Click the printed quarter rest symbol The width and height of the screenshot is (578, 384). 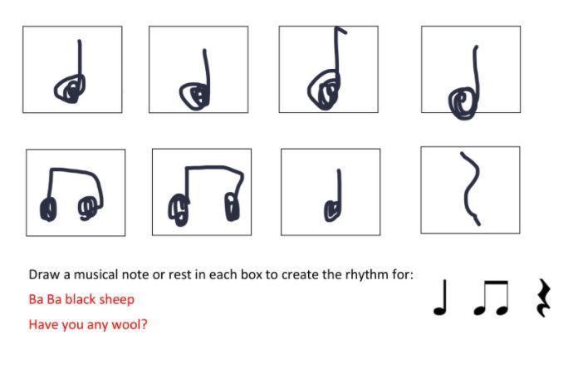(x=543, y=298)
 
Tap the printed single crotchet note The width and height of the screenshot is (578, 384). (x=441, y=298)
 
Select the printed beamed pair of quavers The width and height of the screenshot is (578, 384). (x=492, y=298)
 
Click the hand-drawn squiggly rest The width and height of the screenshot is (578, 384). (x=470, y=188)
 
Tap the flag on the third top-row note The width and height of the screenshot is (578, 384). (x=341, y=30)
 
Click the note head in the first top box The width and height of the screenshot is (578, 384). (x=70, y=89)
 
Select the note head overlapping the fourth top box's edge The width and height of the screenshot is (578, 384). (x=462, y=103)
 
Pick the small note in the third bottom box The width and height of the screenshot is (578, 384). (x=333, y=196)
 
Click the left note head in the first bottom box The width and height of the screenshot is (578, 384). (x=48, y=209)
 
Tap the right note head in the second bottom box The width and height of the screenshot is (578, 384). (x=233, y=207)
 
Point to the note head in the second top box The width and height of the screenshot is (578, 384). (x=194, y=96)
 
